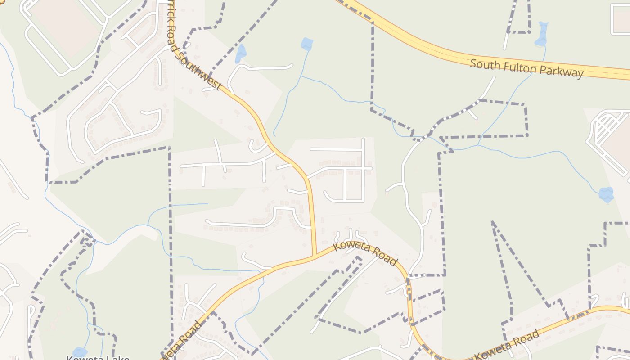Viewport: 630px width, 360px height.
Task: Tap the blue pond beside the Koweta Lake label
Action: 80,351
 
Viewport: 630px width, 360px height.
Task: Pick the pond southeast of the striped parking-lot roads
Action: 606,194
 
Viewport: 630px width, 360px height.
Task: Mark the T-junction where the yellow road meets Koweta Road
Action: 315,256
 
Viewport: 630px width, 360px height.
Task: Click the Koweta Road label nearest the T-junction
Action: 365,254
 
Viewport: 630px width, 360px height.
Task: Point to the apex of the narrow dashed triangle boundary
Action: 493,222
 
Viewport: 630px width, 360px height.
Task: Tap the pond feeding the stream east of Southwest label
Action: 307,44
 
